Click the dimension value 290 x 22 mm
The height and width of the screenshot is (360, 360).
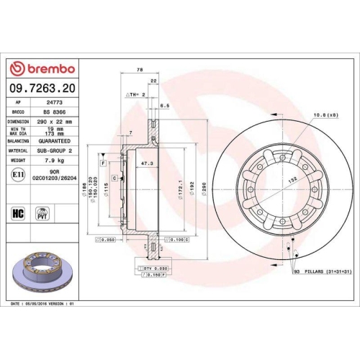point(55,122)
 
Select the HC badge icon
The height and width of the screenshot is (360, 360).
point(18,212)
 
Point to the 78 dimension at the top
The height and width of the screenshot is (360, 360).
point(138,71)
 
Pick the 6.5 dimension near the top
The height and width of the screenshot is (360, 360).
point(164,106)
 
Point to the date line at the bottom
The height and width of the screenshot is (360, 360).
point(44,305)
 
